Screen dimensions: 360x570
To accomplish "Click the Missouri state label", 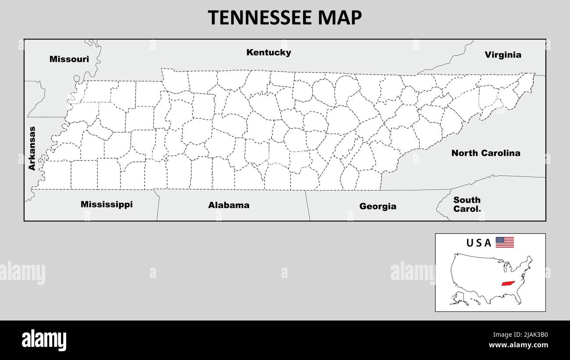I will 69,59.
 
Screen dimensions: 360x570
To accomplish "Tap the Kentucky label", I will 268,53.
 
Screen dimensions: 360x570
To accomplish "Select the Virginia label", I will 503,55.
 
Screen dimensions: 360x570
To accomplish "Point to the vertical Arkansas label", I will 32,148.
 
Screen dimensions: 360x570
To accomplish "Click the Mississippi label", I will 107,204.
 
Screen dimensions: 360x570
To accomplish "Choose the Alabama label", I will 228,205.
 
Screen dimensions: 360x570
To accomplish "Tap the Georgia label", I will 378,206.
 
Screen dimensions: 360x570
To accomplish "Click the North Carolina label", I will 486,153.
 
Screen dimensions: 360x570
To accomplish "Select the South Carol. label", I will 467,204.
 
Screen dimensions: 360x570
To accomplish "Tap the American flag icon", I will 505,242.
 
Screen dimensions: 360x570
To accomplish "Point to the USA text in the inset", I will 478,243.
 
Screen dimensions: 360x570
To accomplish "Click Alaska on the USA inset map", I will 458,299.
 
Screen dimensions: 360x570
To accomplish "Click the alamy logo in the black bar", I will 44,340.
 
